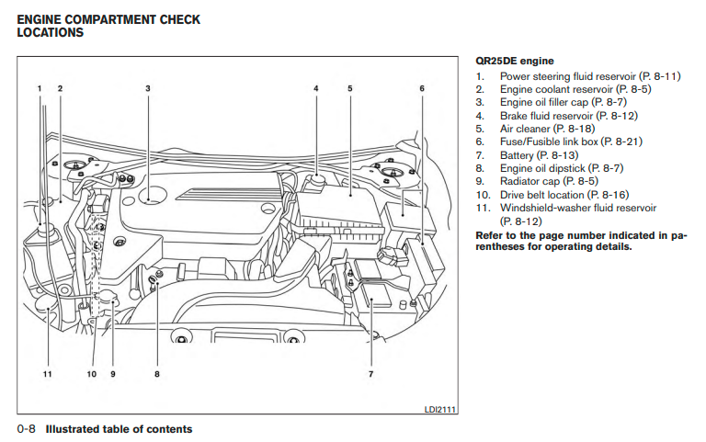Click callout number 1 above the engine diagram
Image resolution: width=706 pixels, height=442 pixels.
(x=40, y=88)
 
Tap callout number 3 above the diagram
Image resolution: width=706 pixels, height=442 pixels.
(x=148, y=88)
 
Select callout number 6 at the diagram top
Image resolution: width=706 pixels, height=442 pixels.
(x=422, y=88)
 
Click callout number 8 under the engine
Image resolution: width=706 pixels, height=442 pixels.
(x=157, y=374)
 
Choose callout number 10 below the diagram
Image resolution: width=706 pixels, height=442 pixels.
(x=91, y=374)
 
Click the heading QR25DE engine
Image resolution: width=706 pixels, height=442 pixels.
(x=515, y=61)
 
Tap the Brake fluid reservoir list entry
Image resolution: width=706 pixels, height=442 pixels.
(x=546, y=116)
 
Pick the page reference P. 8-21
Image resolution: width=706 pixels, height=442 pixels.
(x=621, y=142)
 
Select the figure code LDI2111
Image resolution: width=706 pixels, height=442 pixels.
(x=441, y=411)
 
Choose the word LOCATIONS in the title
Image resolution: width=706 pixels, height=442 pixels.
(x=51, y=32)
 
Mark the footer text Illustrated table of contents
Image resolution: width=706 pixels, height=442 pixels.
(x=120, y=429)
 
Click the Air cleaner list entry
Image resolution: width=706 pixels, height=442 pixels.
(x=532, y=129)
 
